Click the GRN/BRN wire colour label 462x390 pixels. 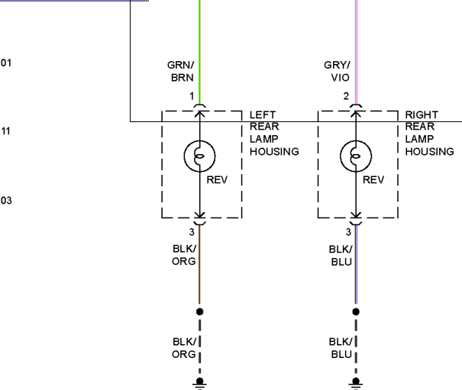[x=181, y=71]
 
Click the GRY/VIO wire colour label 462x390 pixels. [x=337, y=71]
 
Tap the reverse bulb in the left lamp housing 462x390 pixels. [x=200, y=156]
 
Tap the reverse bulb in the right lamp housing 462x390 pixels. [x=356, y=156]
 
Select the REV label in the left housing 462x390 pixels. [x=217, y=179]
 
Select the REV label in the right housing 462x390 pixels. [x=373, y=179]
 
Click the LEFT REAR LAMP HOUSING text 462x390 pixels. [x=274, y=133]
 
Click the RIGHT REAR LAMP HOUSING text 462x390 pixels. [x=430, y=133]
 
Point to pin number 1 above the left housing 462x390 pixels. [x=192, y=96]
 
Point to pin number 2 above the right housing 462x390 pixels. [x=346, y=96]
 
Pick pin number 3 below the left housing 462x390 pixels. [x=192, y=232]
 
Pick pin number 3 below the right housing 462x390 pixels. [x=348, y=232]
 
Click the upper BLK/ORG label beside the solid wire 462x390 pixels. [x=184, y=255]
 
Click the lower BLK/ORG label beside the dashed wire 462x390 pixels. [x=184, y=348]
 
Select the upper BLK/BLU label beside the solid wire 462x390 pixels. [x=341, y=256]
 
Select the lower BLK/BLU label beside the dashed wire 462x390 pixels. [x=341, y=348]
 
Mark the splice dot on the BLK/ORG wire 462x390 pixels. [x=200, y=311]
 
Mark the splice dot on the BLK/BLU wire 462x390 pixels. [x=356, y=311]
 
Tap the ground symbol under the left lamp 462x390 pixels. [x=200, y=384]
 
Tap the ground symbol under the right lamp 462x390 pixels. [x=356, y=384]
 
